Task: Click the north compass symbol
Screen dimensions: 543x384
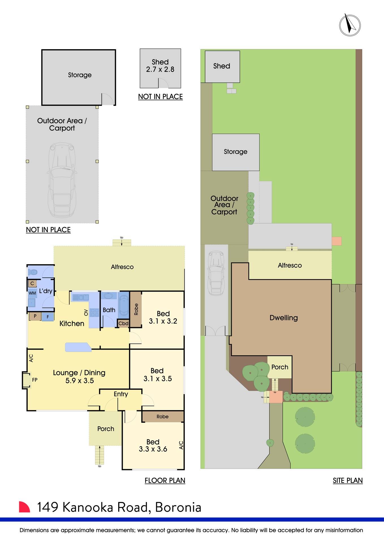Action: (x=350, y=25)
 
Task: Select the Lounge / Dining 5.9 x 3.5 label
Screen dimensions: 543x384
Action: (x=79, y=377)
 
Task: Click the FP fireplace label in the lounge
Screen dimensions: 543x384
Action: (x=34, y=380)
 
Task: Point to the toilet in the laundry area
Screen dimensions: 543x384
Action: (x=33, y=272)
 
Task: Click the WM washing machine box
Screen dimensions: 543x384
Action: (x=32, y=293)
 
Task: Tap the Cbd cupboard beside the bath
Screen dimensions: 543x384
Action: (x=123, y=323)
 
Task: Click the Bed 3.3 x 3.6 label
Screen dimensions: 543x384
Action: (x=153, y=445)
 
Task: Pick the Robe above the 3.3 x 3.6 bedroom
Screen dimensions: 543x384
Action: (x=163, y=417)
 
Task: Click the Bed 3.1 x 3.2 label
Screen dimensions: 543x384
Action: (x=163, y=317)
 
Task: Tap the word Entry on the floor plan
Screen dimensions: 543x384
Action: (x=121, y=394)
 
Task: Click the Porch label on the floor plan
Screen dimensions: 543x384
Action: (x=106, y=429)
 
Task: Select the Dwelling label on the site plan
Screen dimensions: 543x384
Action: (x=284, y=318)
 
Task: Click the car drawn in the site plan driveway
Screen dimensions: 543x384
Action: (x=216, y=273)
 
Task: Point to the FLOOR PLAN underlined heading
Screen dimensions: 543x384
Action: (x=165, y=480)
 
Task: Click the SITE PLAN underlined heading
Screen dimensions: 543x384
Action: (x=348, y=480)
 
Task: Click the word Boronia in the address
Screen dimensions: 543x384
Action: (x=178, y=507)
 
